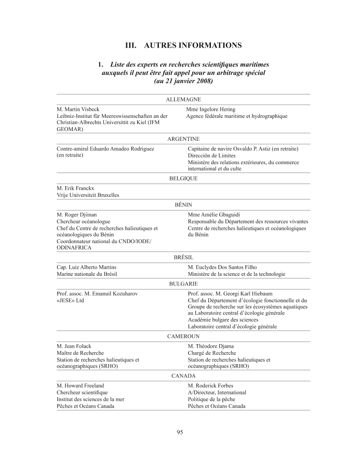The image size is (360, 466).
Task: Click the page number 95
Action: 180,432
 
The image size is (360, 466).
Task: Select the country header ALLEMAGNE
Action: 183,100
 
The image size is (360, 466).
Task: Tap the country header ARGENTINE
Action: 183,139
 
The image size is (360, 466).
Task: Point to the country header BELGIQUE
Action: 183,179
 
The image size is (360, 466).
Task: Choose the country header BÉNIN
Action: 183,205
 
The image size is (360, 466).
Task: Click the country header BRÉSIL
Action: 183,257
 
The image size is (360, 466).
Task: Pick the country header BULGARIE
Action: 183,284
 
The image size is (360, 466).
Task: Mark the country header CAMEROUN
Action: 183,336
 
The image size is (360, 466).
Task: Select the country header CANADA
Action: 183,376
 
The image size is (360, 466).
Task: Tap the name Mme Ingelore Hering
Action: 211,109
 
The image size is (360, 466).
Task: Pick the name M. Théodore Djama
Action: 211,346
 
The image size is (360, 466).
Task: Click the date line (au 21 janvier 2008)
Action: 183,81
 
